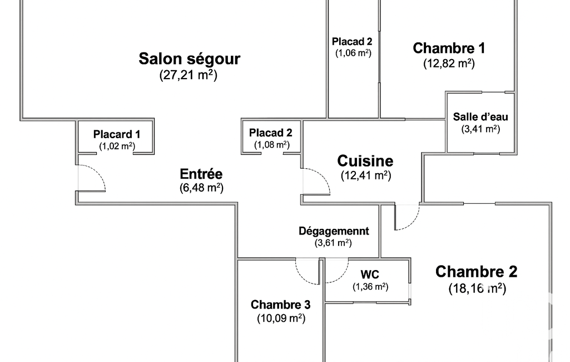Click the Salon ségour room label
[x=189, y=58]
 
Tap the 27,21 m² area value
[x=188, y=75]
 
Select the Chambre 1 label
[x=449, y=48]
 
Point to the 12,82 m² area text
[x=449, y=63]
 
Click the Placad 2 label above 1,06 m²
[x=352, y=41]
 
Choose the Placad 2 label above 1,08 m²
[x=270, y=133]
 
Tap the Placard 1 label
[x=117, y=134]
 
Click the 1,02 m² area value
[x=117, y=146]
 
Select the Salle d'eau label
[x=480, y=117]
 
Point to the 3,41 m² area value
[x=480, y=129]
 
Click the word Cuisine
[x=365, y=161]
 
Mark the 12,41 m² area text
[x=365, y=175]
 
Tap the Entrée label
[x=201, y=173]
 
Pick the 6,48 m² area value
[x=201, y=188]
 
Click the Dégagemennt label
[x=334, y=231]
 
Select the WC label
[x=370, y=275]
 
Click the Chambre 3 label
[x=280, y=305]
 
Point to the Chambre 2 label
[x=476, y=272]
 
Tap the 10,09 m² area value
[x=280, y=319]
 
